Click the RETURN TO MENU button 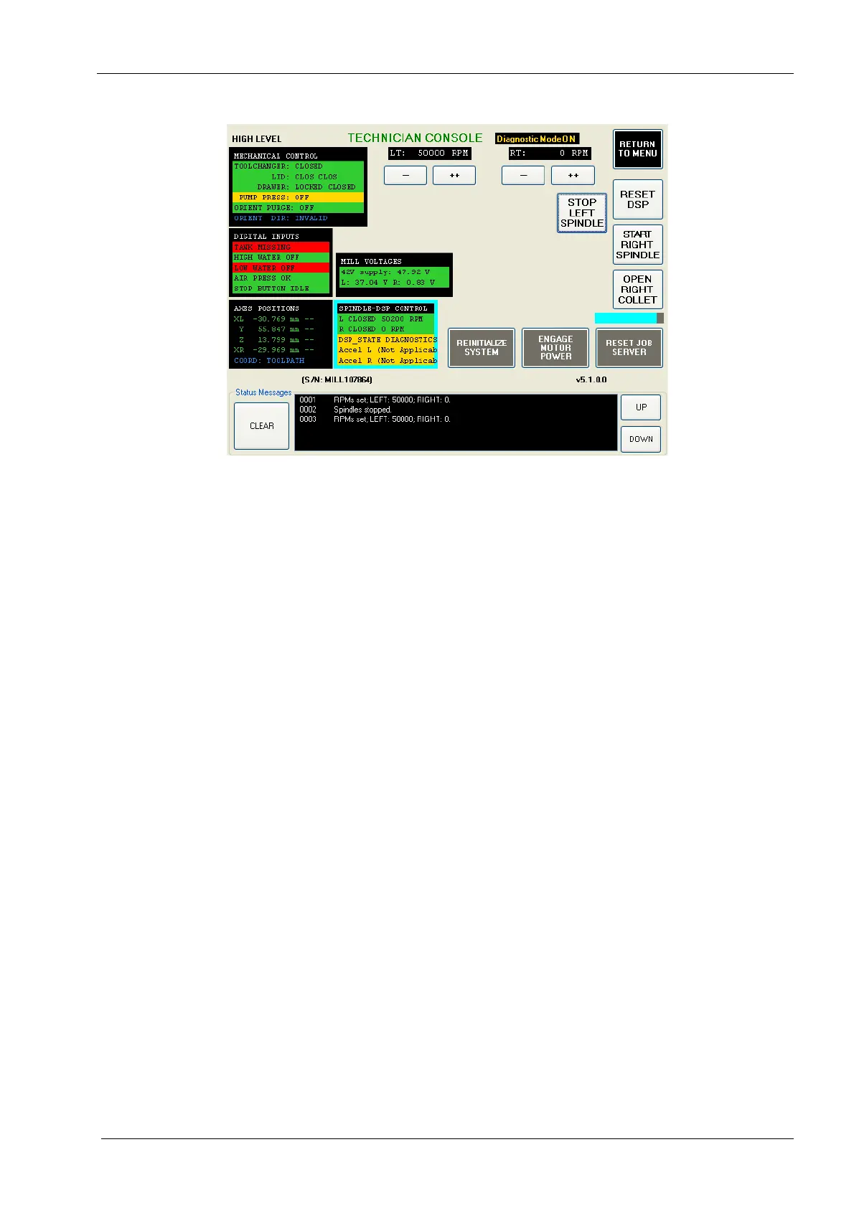pos(637,149)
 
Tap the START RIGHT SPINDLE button pos(637,245)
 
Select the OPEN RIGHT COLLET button pos(637,289)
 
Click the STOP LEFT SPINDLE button pos(582,213)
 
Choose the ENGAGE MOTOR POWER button pos(555,348)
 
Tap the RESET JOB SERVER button pos(629,348)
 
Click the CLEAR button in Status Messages pos(262,426)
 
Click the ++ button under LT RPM pos(454,176)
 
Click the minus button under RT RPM pos(522,176)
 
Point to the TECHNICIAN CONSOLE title pos(415,138)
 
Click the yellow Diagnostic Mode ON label pos(536,139)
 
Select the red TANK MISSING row pos(281,247)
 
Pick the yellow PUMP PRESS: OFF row pos(298,197)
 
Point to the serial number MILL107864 pos(337,379)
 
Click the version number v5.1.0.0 pos(591,379)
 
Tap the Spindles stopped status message pos(362,410)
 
